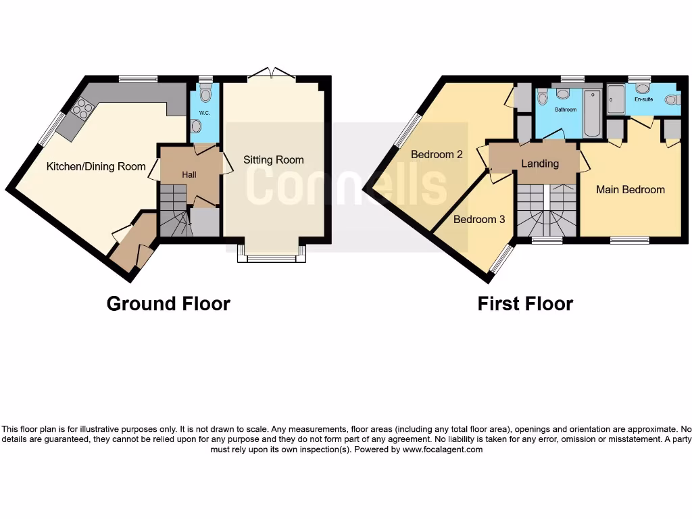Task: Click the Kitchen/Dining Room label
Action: pyautogui.click(x=96, y=166)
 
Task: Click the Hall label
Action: pyautogui.click(x=189, y=174)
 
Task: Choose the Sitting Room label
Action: pyautogui.click(x=274, y=160)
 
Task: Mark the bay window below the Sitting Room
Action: pyautogui.click(x=272, y=254)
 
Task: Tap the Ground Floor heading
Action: pyautogui.click(x=168, y=304)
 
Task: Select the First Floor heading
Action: pyautogui.click(x=525, y=304)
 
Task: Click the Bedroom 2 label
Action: pyautogui.click(x=437, y=154)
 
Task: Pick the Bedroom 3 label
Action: pyautogui.click(x=478, y=220)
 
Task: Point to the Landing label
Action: pyautogui.click(x=540, y=164)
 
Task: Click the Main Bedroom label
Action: pyautogui.click(x=630, y=190)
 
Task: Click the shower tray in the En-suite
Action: pyautogui.click(x=615, y=102)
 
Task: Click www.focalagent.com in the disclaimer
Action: pyautogui.click(x=443, y=449)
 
